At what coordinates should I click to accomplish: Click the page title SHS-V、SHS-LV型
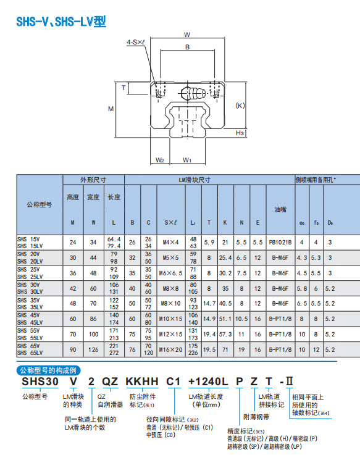click(x=61, y=22)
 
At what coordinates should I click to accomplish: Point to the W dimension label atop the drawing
click(x=187, y=35)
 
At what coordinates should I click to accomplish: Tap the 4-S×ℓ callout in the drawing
click(x=136, y=43)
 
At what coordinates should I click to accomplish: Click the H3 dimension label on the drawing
click(x=240, y=133)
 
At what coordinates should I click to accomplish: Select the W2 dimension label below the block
click(x=160, y=160)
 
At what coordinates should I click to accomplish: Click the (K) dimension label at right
click(x=240, y=106)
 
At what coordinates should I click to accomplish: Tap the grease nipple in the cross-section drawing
click(x=193, y=93)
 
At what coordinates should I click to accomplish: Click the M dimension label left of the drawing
click(x=111, y=109)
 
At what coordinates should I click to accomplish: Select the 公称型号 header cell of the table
click(x=40, y=204)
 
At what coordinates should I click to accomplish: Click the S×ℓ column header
click(x=171, y=223)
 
